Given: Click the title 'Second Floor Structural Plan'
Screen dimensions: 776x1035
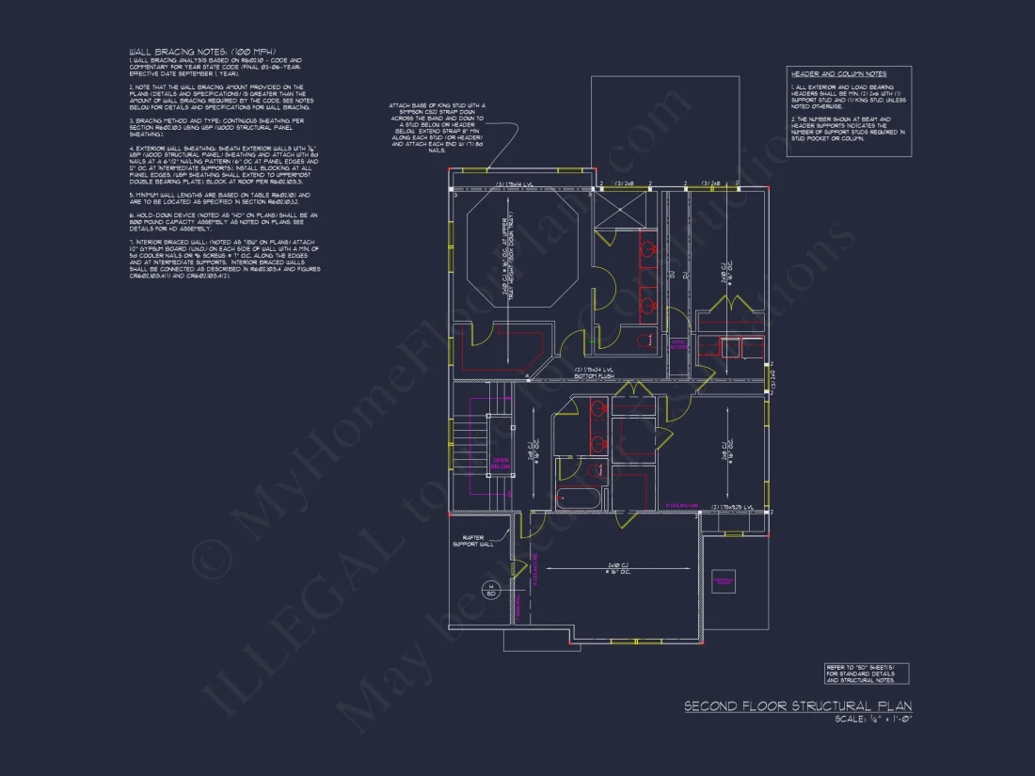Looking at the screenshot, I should pos(797,705).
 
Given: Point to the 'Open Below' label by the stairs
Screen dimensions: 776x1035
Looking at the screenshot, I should pos(501,462).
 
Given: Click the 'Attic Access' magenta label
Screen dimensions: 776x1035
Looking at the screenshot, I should pos(678,344).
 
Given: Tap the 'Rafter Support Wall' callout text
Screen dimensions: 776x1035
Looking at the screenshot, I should pos(472,541).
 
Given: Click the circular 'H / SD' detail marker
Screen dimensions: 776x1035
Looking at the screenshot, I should pos(489,591).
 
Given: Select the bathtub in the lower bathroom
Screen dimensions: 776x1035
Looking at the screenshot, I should pos(577,499).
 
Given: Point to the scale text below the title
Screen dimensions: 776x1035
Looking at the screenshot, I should pos(873,720).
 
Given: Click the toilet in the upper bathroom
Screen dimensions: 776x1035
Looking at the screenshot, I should pos(644,340).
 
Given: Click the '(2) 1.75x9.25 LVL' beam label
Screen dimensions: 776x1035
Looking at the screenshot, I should pos(734,507).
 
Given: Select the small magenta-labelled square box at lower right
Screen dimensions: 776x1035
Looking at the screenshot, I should pos(724,582).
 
